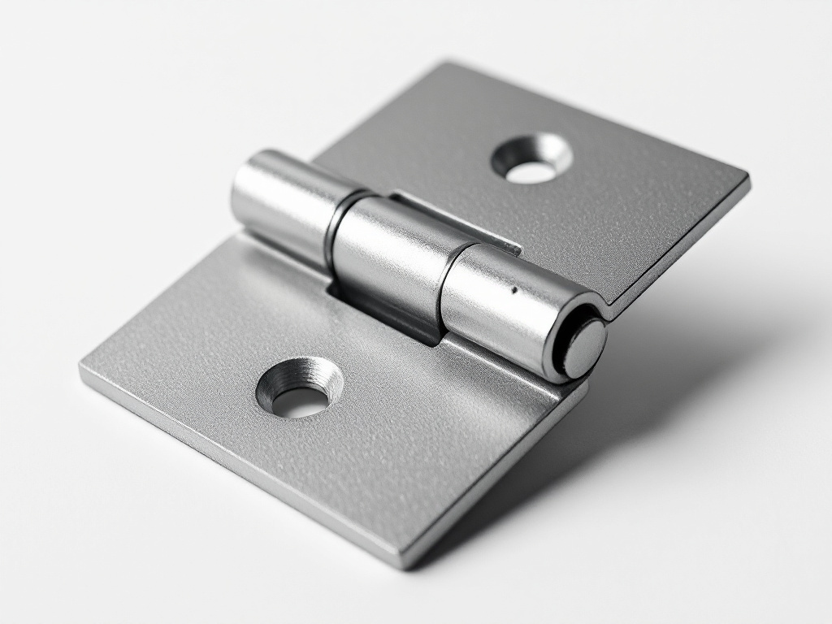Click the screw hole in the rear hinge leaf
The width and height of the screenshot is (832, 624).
[x=532, y=159]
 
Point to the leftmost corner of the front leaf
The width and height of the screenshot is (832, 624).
[x=82, y=367]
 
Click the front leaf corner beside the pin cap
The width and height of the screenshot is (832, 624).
[x=582, y=390]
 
